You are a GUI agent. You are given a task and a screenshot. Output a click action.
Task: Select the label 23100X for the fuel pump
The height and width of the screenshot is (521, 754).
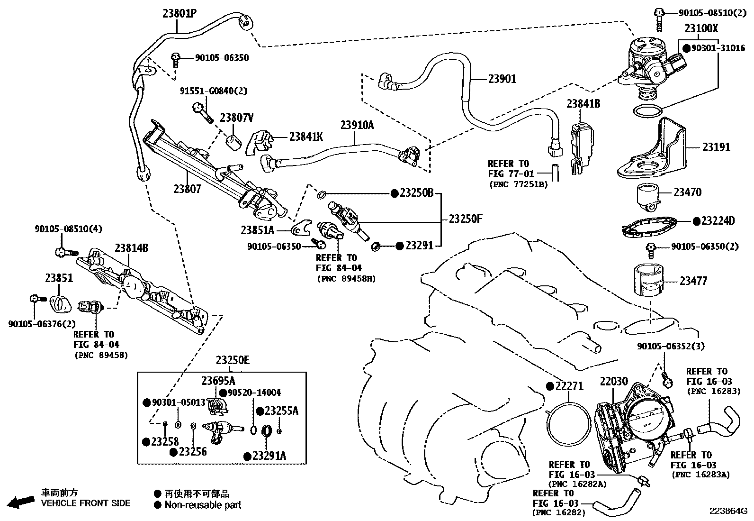click(x=701, y=29)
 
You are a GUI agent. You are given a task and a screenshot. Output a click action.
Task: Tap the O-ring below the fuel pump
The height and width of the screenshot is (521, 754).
click(x=647, y=112)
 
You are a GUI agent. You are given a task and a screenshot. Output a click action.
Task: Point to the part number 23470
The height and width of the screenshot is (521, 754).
click(x=687, y=192)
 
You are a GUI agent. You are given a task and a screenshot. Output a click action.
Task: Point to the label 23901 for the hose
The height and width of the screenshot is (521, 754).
click(x=502, y=79)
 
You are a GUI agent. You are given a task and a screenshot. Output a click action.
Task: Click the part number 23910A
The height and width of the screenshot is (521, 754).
click(x=357, y=125)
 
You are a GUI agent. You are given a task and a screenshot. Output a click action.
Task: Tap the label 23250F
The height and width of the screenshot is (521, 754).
click(x=465, y=219)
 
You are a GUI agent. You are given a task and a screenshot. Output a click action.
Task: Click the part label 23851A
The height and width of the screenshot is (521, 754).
click(x=257, y=230)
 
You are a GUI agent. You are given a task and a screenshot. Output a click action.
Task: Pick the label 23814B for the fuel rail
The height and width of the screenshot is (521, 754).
click(x=131, y=248)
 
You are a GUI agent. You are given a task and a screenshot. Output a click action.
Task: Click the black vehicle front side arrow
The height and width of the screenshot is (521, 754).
click(x=22, y=502)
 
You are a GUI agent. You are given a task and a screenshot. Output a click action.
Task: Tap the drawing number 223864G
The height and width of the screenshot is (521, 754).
click(x=727, y=511)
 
